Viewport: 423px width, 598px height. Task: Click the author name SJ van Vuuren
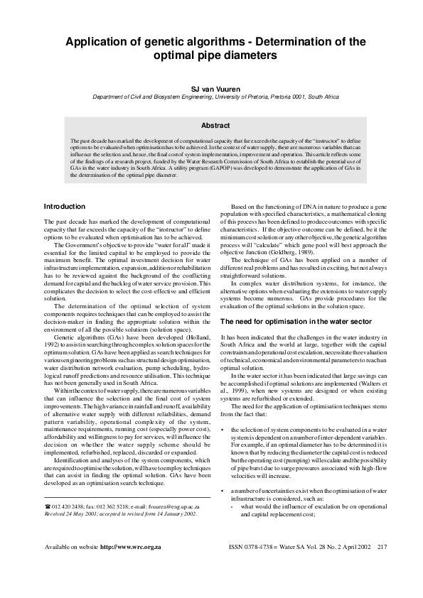pyautogui.click(x=211, y=89)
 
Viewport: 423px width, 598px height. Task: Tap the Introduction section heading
pyautogui.click(x=64, y=207)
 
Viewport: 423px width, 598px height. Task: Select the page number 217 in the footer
pyautogui.click(x=382, y=567)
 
